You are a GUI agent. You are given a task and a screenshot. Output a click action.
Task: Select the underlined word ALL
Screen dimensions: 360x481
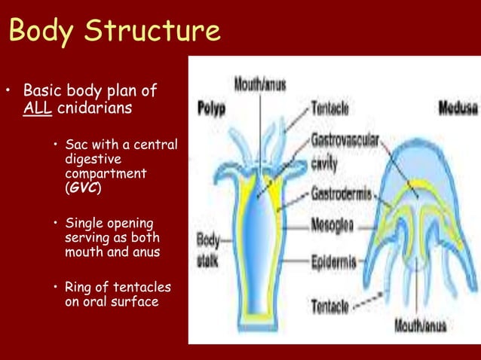point(37,108)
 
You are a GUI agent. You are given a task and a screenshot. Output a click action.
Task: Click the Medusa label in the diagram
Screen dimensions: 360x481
point(458,108)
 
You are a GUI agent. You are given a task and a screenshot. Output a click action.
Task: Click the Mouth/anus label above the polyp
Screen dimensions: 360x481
point(259,84)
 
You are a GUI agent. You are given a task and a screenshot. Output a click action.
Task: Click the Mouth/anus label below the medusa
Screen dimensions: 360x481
point(421,326)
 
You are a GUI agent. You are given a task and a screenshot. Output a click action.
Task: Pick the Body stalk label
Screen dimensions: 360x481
point(208,249)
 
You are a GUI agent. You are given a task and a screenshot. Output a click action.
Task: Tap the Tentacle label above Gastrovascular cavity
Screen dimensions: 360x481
point(329,108)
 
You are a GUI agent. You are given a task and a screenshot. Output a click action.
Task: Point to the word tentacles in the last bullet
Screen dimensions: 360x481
point(145,288)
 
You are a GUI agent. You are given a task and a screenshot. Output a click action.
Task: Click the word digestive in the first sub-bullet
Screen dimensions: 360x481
point(90,160)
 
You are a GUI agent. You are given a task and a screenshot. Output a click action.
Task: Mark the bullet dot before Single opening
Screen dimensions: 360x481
point(56,224)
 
